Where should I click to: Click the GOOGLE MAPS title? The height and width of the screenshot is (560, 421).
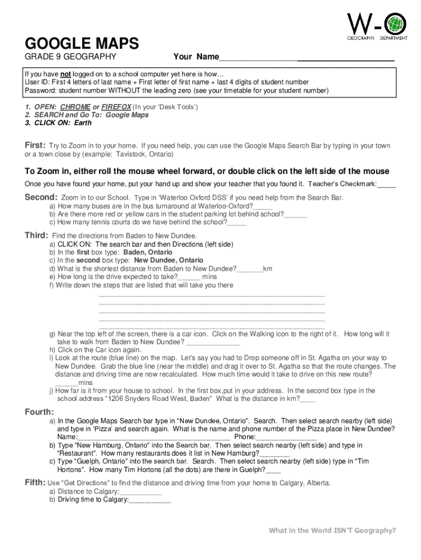coord(81,43)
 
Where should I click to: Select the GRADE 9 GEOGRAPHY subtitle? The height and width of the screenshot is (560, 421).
coord(71,57)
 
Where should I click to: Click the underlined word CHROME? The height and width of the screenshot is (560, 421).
coord(75,107)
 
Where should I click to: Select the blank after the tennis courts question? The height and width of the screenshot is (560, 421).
coord(237,223)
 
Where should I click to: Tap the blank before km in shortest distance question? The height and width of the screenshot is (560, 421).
coord(250,270)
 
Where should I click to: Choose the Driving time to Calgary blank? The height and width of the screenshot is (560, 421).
coord(150,500)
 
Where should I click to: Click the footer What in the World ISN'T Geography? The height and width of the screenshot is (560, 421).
coord(332,530)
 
